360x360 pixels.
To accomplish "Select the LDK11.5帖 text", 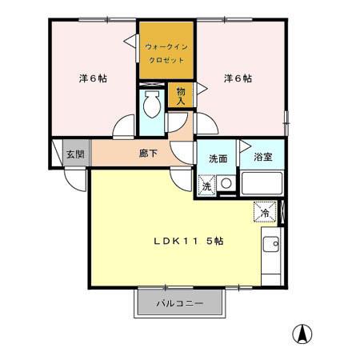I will click(x=188, y=241).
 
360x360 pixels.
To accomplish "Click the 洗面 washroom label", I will click(x=218, y=158).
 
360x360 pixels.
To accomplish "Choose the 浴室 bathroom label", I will click(x=262, y=157).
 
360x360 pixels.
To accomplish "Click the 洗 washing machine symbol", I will click(x=206, y=186).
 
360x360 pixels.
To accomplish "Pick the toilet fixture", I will click(x=151, y=103).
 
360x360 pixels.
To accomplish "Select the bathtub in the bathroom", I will click(x=262, y=184).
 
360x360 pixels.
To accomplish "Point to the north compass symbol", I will click(x=304, y=334).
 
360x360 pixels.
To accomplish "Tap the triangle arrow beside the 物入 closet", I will click(x=199, y=91).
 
